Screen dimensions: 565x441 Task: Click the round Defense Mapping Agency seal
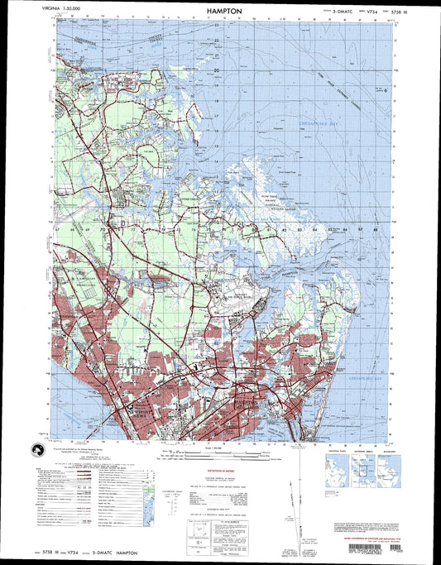[37, 449]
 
